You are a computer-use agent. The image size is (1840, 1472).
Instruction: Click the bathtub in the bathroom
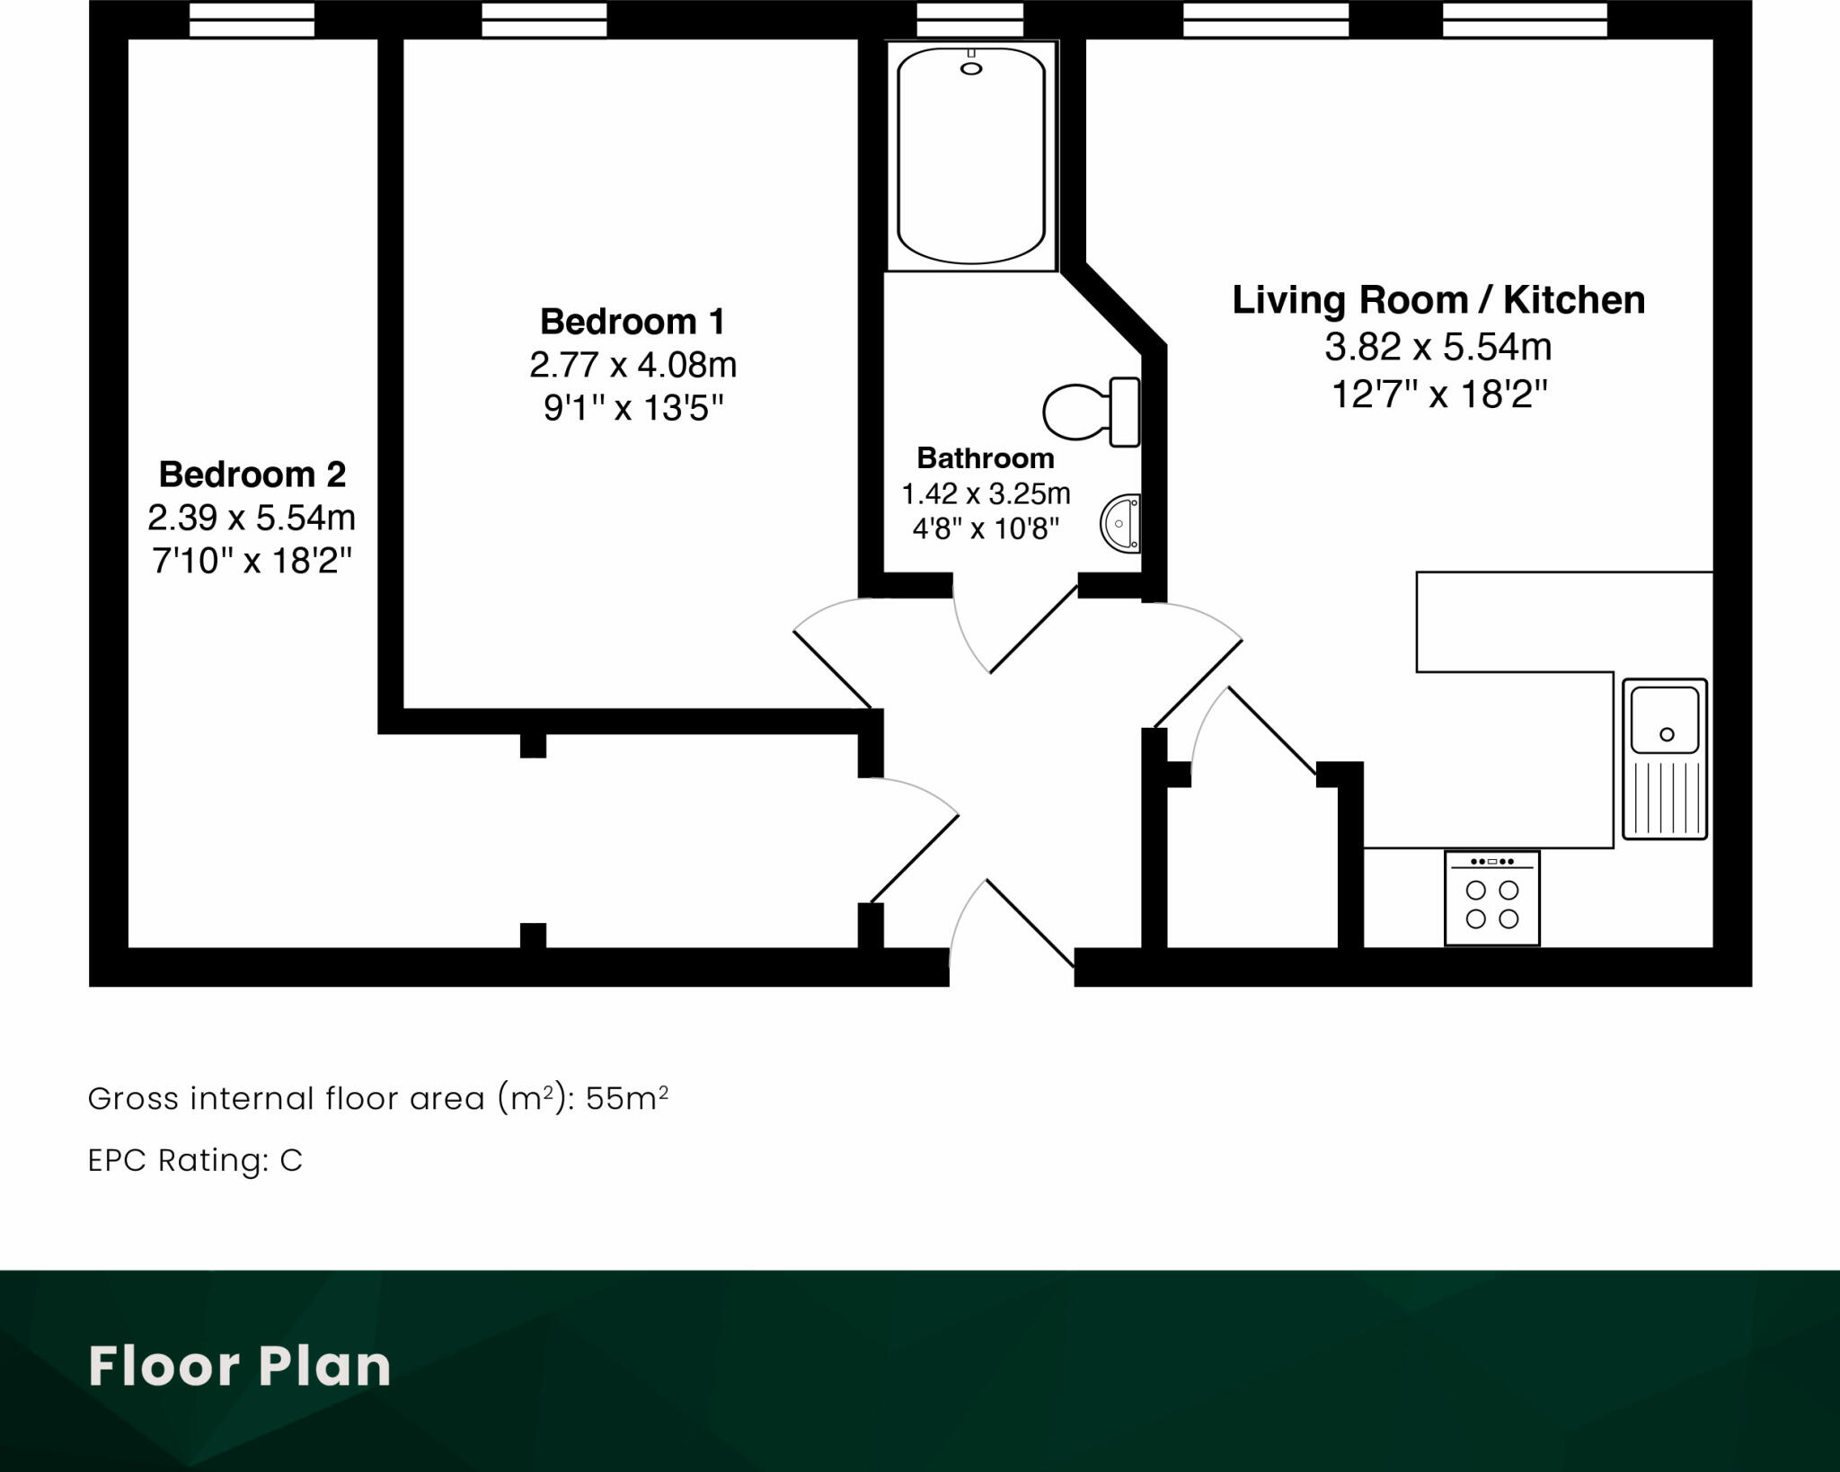pos(970,157)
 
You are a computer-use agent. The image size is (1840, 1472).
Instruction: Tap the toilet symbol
pos(1089,412)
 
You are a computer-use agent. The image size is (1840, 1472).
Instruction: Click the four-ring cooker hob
pos(1491,899)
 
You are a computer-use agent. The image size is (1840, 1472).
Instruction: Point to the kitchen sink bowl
pos(1665,720)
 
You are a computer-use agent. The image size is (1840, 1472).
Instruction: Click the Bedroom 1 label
pos(632,322)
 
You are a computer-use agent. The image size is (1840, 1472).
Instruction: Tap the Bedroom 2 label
pos(252,474)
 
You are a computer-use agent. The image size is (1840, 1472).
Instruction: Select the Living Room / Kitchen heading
pos(1437,300)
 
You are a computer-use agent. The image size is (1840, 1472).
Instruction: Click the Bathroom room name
pos(985,458)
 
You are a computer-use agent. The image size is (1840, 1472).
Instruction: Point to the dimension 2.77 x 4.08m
pos(632,366)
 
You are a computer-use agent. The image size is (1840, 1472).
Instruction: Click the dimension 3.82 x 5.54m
pos(1437,347)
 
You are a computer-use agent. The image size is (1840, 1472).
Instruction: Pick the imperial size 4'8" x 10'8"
pos(985,528)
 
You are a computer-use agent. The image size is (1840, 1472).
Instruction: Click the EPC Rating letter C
pos(291,1161)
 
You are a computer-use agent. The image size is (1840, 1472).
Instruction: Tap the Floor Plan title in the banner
pos(239,1366)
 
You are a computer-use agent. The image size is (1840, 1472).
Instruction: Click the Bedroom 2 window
pos(252,19)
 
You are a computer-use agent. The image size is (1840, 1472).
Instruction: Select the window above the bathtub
pos(969,19)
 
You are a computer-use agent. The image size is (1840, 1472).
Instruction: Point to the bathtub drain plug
pos(971,68)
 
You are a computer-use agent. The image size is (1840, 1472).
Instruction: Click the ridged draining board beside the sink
pos(1665,796)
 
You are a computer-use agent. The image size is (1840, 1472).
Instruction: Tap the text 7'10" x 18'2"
pos(252,562)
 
